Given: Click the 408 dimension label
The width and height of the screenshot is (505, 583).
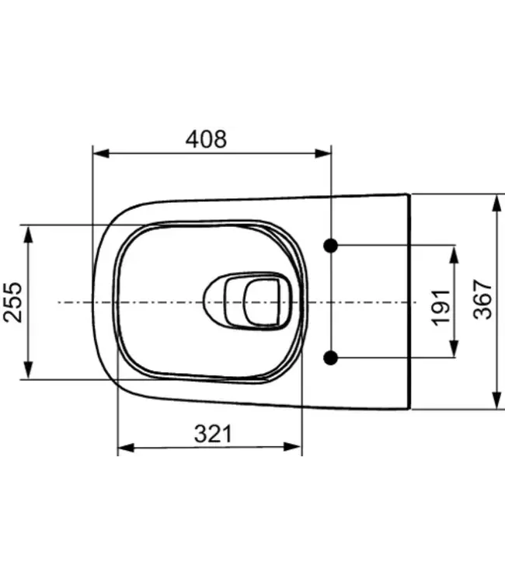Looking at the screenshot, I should pos(206,139).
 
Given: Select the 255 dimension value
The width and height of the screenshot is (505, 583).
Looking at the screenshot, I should pos(12,302).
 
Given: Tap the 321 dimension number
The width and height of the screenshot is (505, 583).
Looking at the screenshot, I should pos(211,434).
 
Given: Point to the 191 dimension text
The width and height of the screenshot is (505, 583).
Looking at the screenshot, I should pos(441,302).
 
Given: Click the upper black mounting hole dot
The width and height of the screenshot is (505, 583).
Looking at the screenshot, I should pos(332,245).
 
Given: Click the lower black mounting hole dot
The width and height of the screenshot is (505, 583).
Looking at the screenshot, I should pos(332,358).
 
